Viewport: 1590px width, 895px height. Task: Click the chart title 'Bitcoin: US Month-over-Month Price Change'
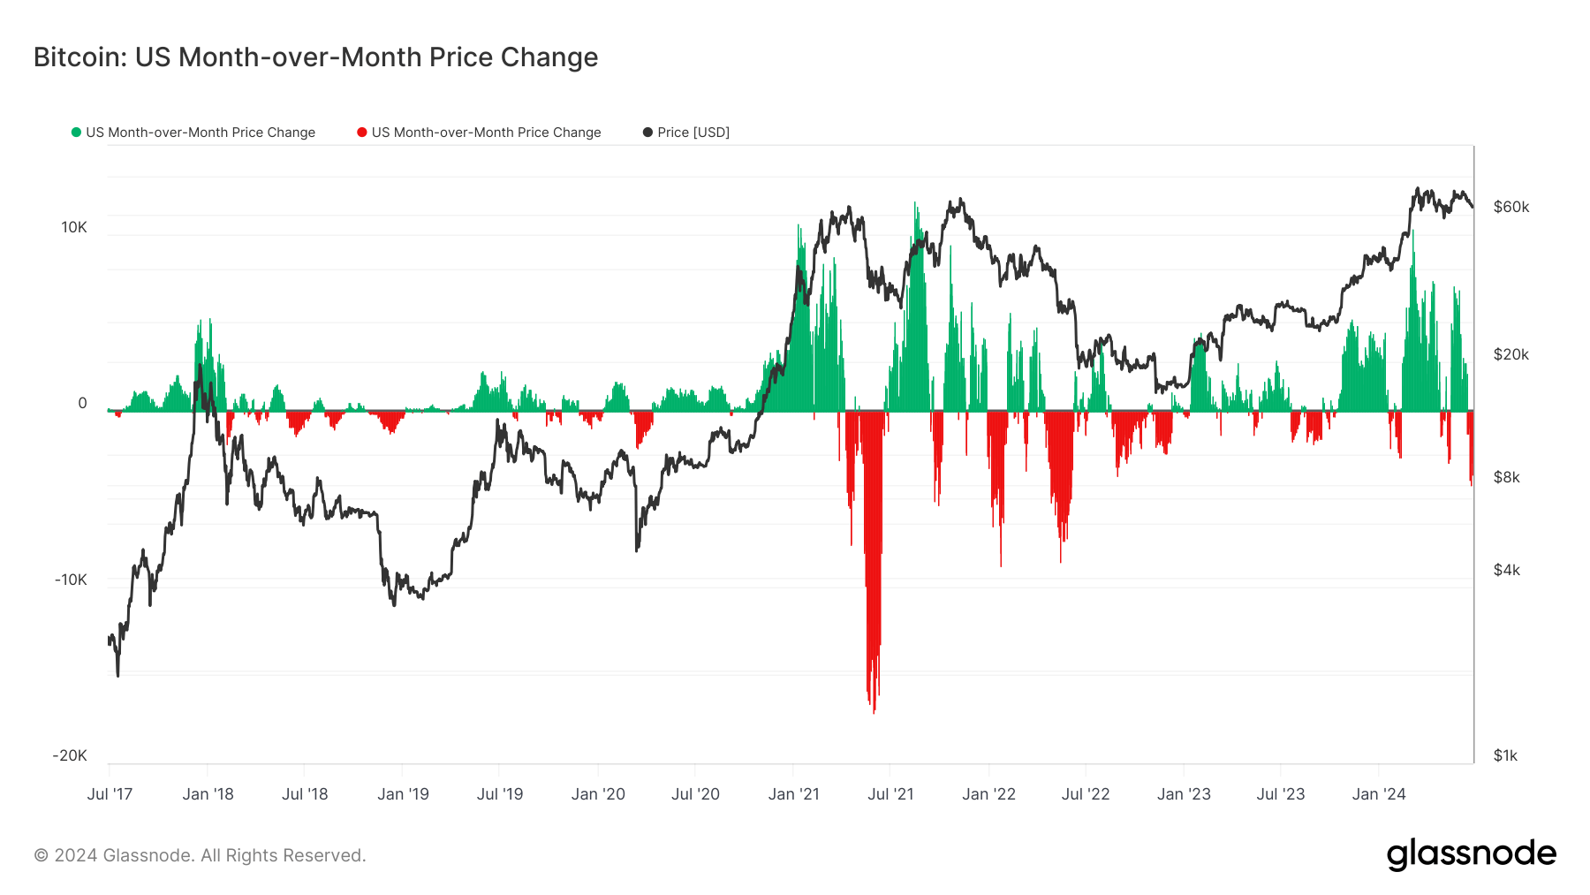pos(315,57)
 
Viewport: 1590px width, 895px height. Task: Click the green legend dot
pos(76,133)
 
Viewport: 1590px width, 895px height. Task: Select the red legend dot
pos(362,133)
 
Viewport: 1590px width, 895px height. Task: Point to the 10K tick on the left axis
pos(74,227)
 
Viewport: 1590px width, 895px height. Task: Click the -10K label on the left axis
pos(71,580)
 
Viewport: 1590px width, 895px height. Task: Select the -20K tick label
pos(70,755)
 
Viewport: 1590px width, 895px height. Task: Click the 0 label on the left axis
pos(82,403)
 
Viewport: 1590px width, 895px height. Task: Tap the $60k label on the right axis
pos(1510,207)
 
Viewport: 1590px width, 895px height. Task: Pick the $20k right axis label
pos(1510,354)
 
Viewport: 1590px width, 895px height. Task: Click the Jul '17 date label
pos(110,794)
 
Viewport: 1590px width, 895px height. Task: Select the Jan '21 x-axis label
pos(793,794)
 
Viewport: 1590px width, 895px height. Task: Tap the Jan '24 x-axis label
pos(1378,794)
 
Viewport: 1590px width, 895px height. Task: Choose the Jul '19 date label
pos(500,794)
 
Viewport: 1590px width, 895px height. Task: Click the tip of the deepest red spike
pos(874,712)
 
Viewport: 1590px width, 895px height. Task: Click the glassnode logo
pos(1471,854)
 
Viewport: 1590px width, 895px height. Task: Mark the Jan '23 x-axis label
pos(1184,794)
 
